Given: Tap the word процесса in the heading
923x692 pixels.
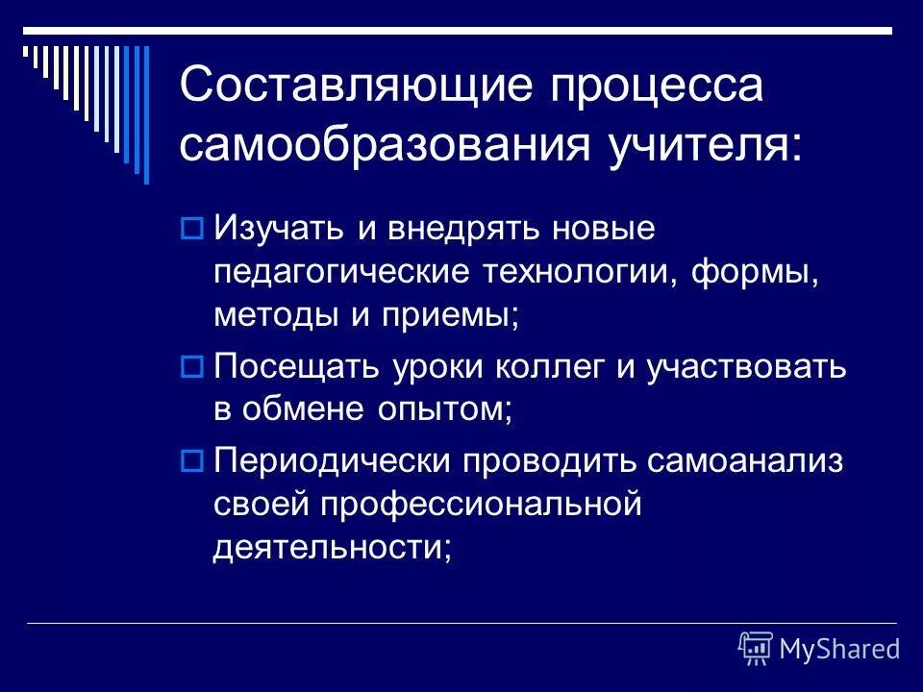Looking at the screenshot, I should click(656, 86).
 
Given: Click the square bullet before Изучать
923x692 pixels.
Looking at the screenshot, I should click(190, 230).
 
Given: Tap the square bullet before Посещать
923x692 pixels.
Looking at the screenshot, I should click(190, 366).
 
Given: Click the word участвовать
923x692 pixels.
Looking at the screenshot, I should click(750, 366).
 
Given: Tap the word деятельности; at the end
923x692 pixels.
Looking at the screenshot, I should click(332, 547).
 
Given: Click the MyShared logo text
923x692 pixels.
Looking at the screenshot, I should click(839, 649).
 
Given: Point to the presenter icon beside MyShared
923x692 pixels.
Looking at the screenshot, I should click(756, 649).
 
